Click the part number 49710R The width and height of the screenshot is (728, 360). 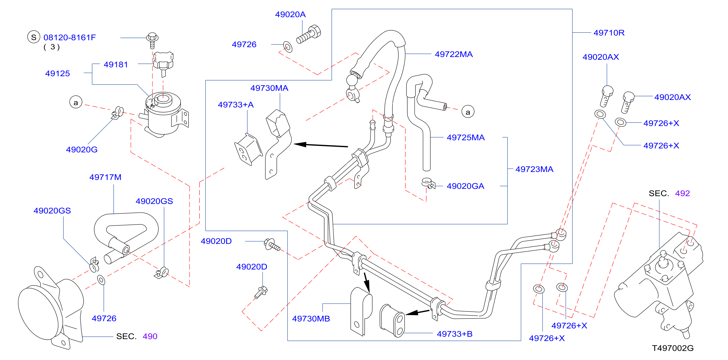[609, 33]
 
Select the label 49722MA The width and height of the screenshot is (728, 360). [454, 54]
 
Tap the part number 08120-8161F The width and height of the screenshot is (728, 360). [70, 37]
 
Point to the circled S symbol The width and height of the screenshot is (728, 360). [34, 37]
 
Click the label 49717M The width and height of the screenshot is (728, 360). [105, 177]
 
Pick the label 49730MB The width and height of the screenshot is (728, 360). [311, 319]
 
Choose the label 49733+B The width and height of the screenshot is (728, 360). [454, 334]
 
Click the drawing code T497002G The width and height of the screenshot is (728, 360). [673, 348]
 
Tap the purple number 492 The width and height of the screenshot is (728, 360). [682, 193]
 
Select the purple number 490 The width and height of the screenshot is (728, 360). [150, 336]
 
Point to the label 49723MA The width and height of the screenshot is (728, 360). [534, 169]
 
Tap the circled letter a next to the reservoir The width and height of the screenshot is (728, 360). [76, 102]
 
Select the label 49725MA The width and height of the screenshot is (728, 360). [466, 138]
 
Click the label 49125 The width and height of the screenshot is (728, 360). [57, 74]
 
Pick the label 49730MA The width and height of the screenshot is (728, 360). [269, 88]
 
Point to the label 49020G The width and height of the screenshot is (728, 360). [82, 150]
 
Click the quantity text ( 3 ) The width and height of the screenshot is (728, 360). [51, 47]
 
